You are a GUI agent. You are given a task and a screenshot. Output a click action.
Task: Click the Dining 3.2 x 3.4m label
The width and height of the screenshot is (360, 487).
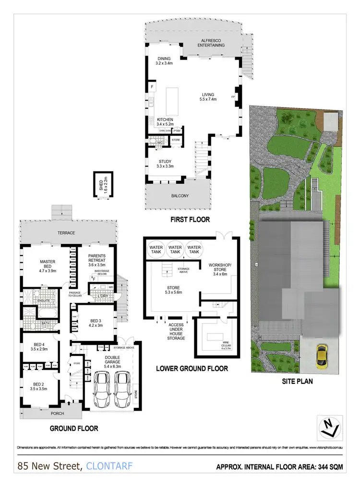164,60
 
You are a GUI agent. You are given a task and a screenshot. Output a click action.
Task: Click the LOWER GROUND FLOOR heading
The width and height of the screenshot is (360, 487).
192,369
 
